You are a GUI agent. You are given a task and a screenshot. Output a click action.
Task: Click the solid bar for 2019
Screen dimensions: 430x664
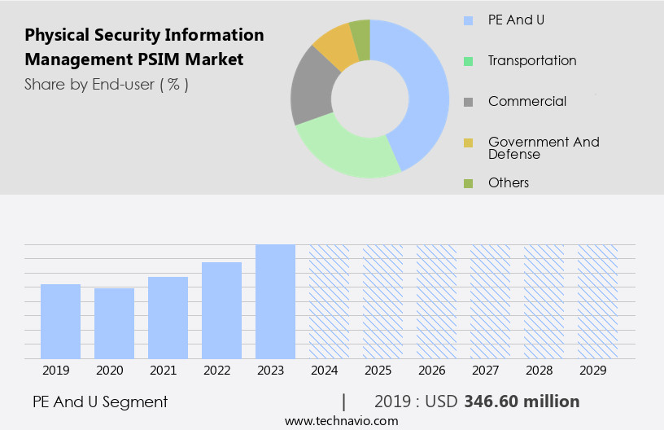coord(60,321)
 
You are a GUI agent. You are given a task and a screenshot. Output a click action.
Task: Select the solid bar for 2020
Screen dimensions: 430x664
coord(114,323)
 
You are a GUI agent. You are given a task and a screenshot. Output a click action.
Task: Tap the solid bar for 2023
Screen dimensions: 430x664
coord(275,301)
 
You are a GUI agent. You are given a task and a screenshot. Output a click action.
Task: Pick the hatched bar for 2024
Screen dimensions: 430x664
coord(329,301)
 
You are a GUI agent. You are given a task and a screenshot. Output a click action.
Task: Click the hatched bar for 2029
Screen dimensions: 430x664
coord(597,301)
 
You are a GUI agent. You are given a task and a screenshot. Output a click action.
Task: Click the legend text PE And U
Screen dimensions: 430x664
coord(516,20)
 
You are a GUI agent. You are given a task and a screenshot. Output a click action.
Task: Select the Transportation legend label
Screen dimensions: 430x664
coord(532,60)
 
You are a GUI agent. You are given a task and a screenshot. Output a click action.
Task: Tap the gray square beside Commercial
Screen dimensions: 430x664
coord(468,102)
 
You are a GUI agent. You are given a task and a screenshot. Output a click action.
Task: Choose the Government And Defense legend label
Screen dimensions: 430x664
coord(543,147)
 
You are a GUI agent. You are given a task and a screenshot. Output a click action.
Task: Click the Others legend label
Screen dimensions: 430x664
coord(509,182)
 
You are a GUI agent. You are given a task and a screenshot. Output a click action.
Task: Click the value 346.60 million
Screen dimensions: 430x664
coord(522,401)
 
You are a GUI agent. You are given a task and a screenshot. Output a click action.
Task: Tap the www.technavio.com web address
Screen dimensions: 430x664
coord(341,420)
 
